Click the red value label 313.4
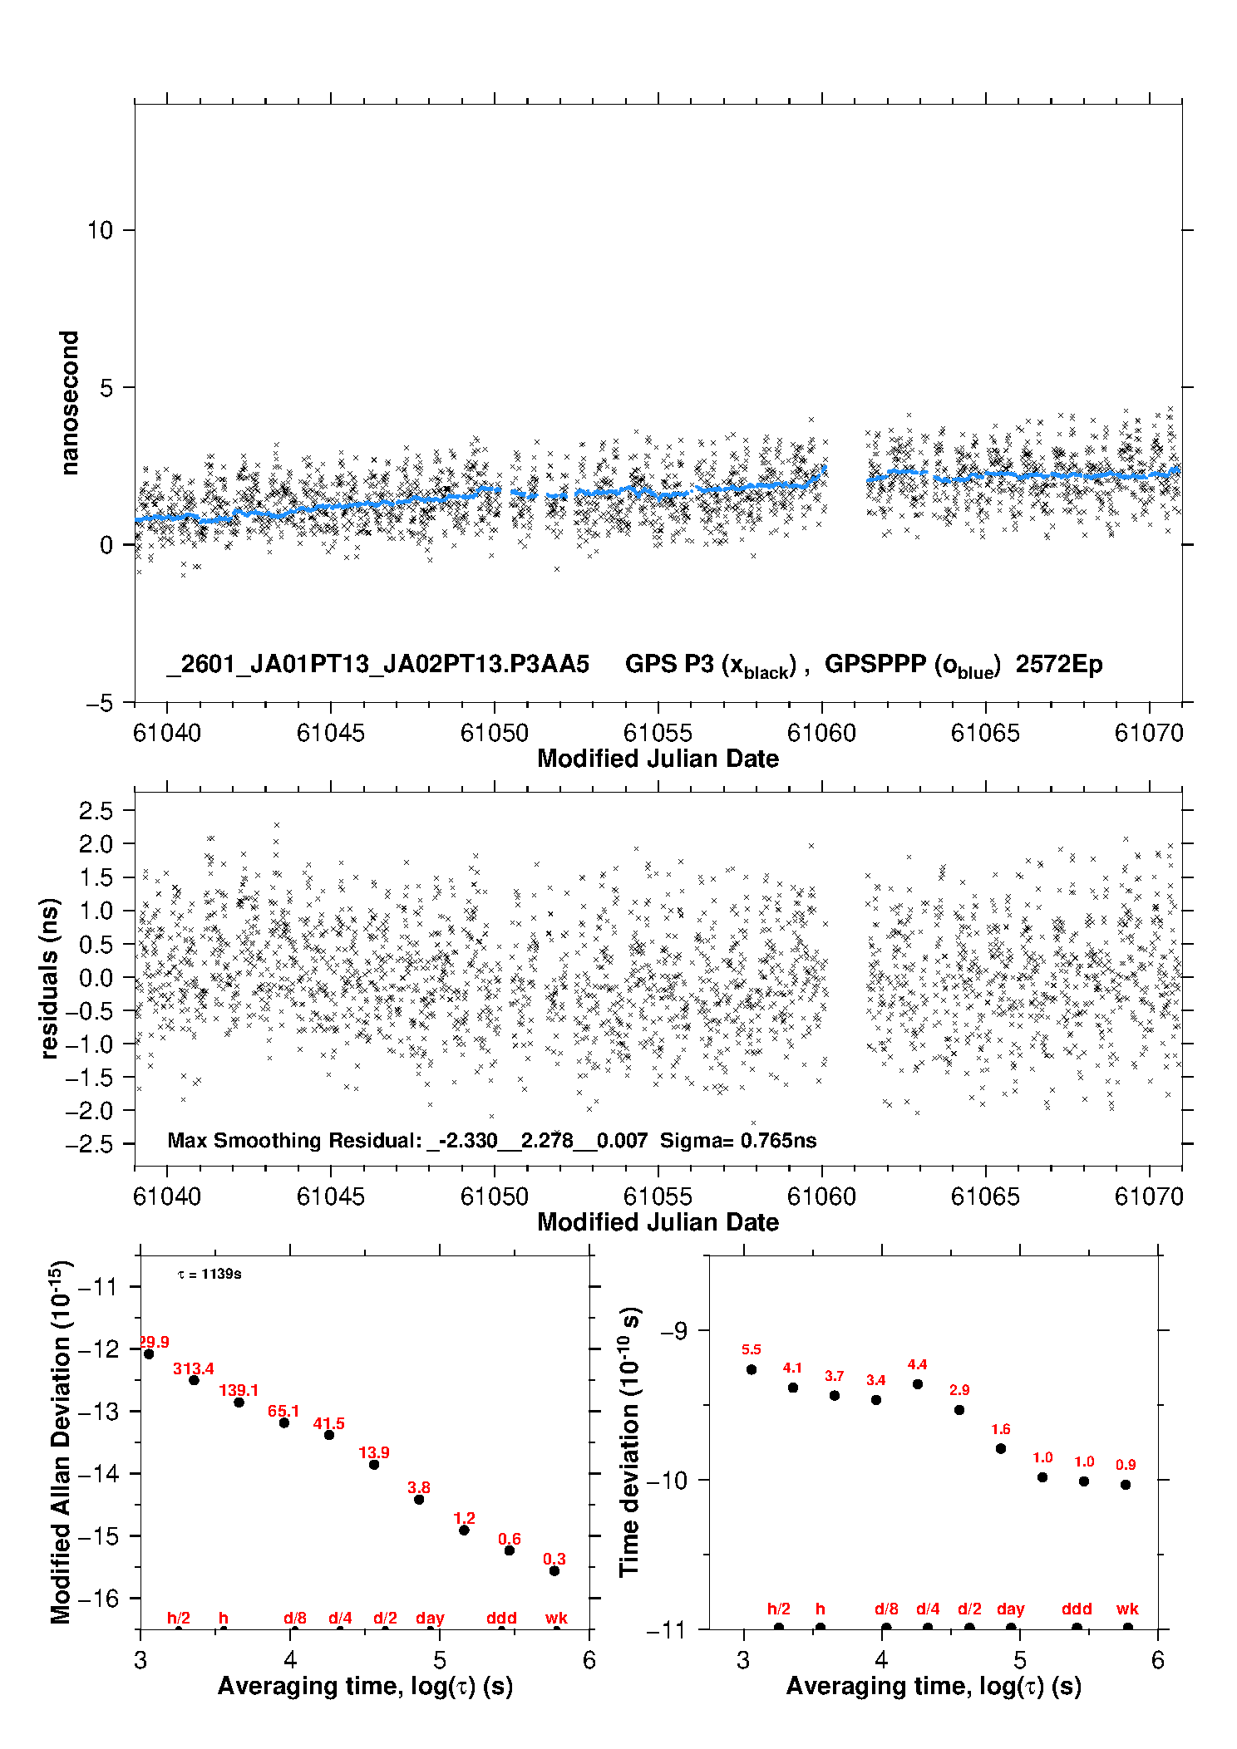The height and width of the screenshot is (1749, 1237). (194, 1368)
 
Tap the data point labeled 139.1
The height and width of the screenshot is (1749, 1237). (239, 1403)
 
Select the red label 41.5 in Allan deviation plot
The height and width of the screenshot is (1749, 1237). (329, 1423)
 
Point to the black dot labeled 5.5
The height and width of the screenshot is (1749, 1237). (752, 1369)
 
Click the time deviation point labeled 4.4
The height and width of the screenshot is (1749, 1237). (918, 1384)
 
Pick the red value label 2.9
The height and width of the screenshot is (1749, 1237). (959, 1390)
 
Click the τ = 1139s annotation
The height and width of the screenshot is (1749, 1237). (209, 1275)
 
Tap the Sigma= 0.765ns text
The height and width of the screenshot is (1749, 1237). (738, 1141)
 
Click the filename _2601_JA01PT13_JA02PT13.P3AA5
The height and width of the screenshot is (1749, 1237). (378, 665)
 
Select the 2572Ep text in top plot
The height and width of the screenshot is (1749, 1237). (1059, 665)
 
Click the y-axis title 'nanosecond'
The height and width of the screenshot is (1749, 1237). (69, 403)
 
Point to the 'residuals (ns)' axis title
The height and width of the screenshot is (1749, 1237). (50, 978)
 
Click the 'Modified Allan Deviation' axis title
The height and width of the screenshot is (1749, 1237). (61, 1441)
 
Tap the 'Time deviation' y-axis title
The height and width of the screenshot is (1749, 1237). (629, 1442)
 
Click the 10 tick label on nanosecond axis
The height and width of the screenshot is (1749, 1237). (100, 230)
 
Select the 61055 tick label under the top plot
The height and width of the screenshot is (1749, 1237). (658, 734)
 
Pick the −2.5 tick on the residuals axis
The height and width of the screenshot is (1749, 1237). (94, 1144)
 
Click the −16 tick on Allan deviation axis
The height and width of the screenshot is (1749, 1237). (98, 1598)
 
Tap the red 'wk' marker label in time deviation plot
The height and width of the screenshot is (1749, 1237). (1127, 1609)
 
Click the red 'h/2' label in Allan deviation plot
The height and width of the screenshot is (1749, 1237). (179, 1618)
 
